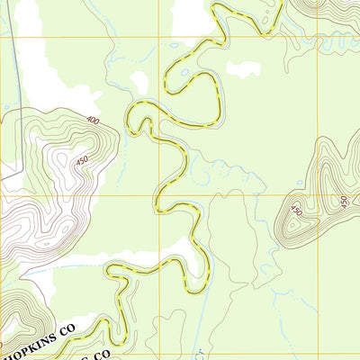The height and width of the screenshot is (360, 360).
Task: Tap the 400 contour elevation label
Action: pos(93,120)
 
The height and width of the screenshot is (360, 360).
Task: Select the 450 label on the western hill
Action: pos(83,161)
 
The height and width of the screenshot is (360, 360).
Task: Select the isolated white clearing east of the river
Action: pos(243,67)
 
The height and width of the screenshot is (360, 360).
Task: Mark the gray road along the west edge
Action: pos(20,108)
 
